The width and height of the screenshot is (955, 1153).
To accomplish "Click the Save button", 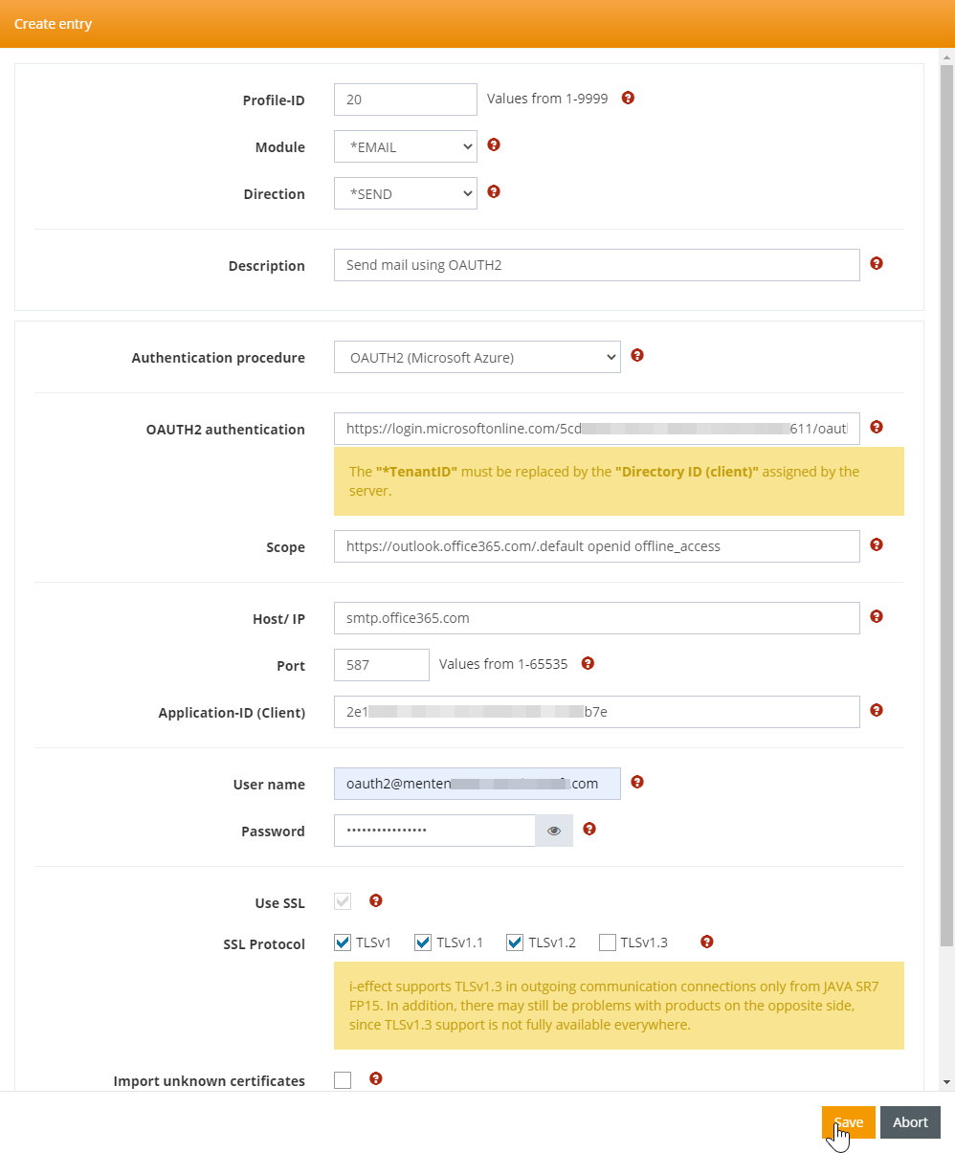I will tap(848, 1122).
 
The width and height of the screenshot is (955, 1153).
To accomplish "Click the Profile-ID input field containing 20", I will tap(405, 100).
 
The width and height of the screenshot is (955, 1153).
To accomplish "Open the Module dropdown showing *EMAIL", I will tap(405, 146).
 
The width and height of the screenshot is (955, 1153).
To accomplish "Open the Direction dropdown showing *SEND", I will tap(405, 193).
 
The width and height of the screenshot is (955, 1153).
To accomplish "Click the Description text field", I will tap(596, 265).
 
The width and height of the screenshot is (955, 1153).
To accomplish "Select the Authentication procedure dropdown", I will tap(477, 357).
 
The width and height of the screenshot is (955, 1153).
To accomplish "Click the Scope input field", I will tap(596, 546).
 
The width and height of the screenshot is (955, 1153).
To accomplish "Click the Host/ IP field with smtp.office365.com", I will tap(596, 618).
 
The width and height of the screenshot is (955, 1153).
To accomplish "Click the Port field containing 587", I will tap(381, 665).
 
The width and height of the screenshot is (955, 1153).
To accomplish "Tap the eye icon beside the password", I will tap(554, 831).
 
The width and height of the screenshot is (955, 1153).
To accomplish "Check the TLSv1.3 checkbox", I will tap(607, 942).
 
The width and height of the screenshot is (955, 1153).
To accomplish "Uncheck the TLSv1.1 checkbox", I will tap(423, 942).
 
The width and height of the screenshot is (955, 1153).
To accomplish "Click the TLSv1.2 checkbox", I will tap(515, 942).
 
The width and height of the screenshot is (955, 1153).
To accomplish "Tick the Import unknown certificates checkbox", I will tap(343, 1080).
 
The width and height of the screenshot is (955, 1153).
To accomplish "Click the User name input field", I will tap(477, 784).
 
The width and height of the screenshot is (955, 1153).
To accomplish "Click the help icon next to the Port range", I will tap(589, 663).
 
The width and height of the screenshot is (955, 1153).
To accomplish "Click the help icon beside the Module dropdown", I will tap(494, 145).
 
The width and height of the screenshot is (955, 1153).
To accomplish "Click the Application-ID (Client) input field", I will tap(596, 712).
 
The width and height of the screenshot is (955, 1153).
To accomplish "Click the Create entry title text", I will tap(54, 24).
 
